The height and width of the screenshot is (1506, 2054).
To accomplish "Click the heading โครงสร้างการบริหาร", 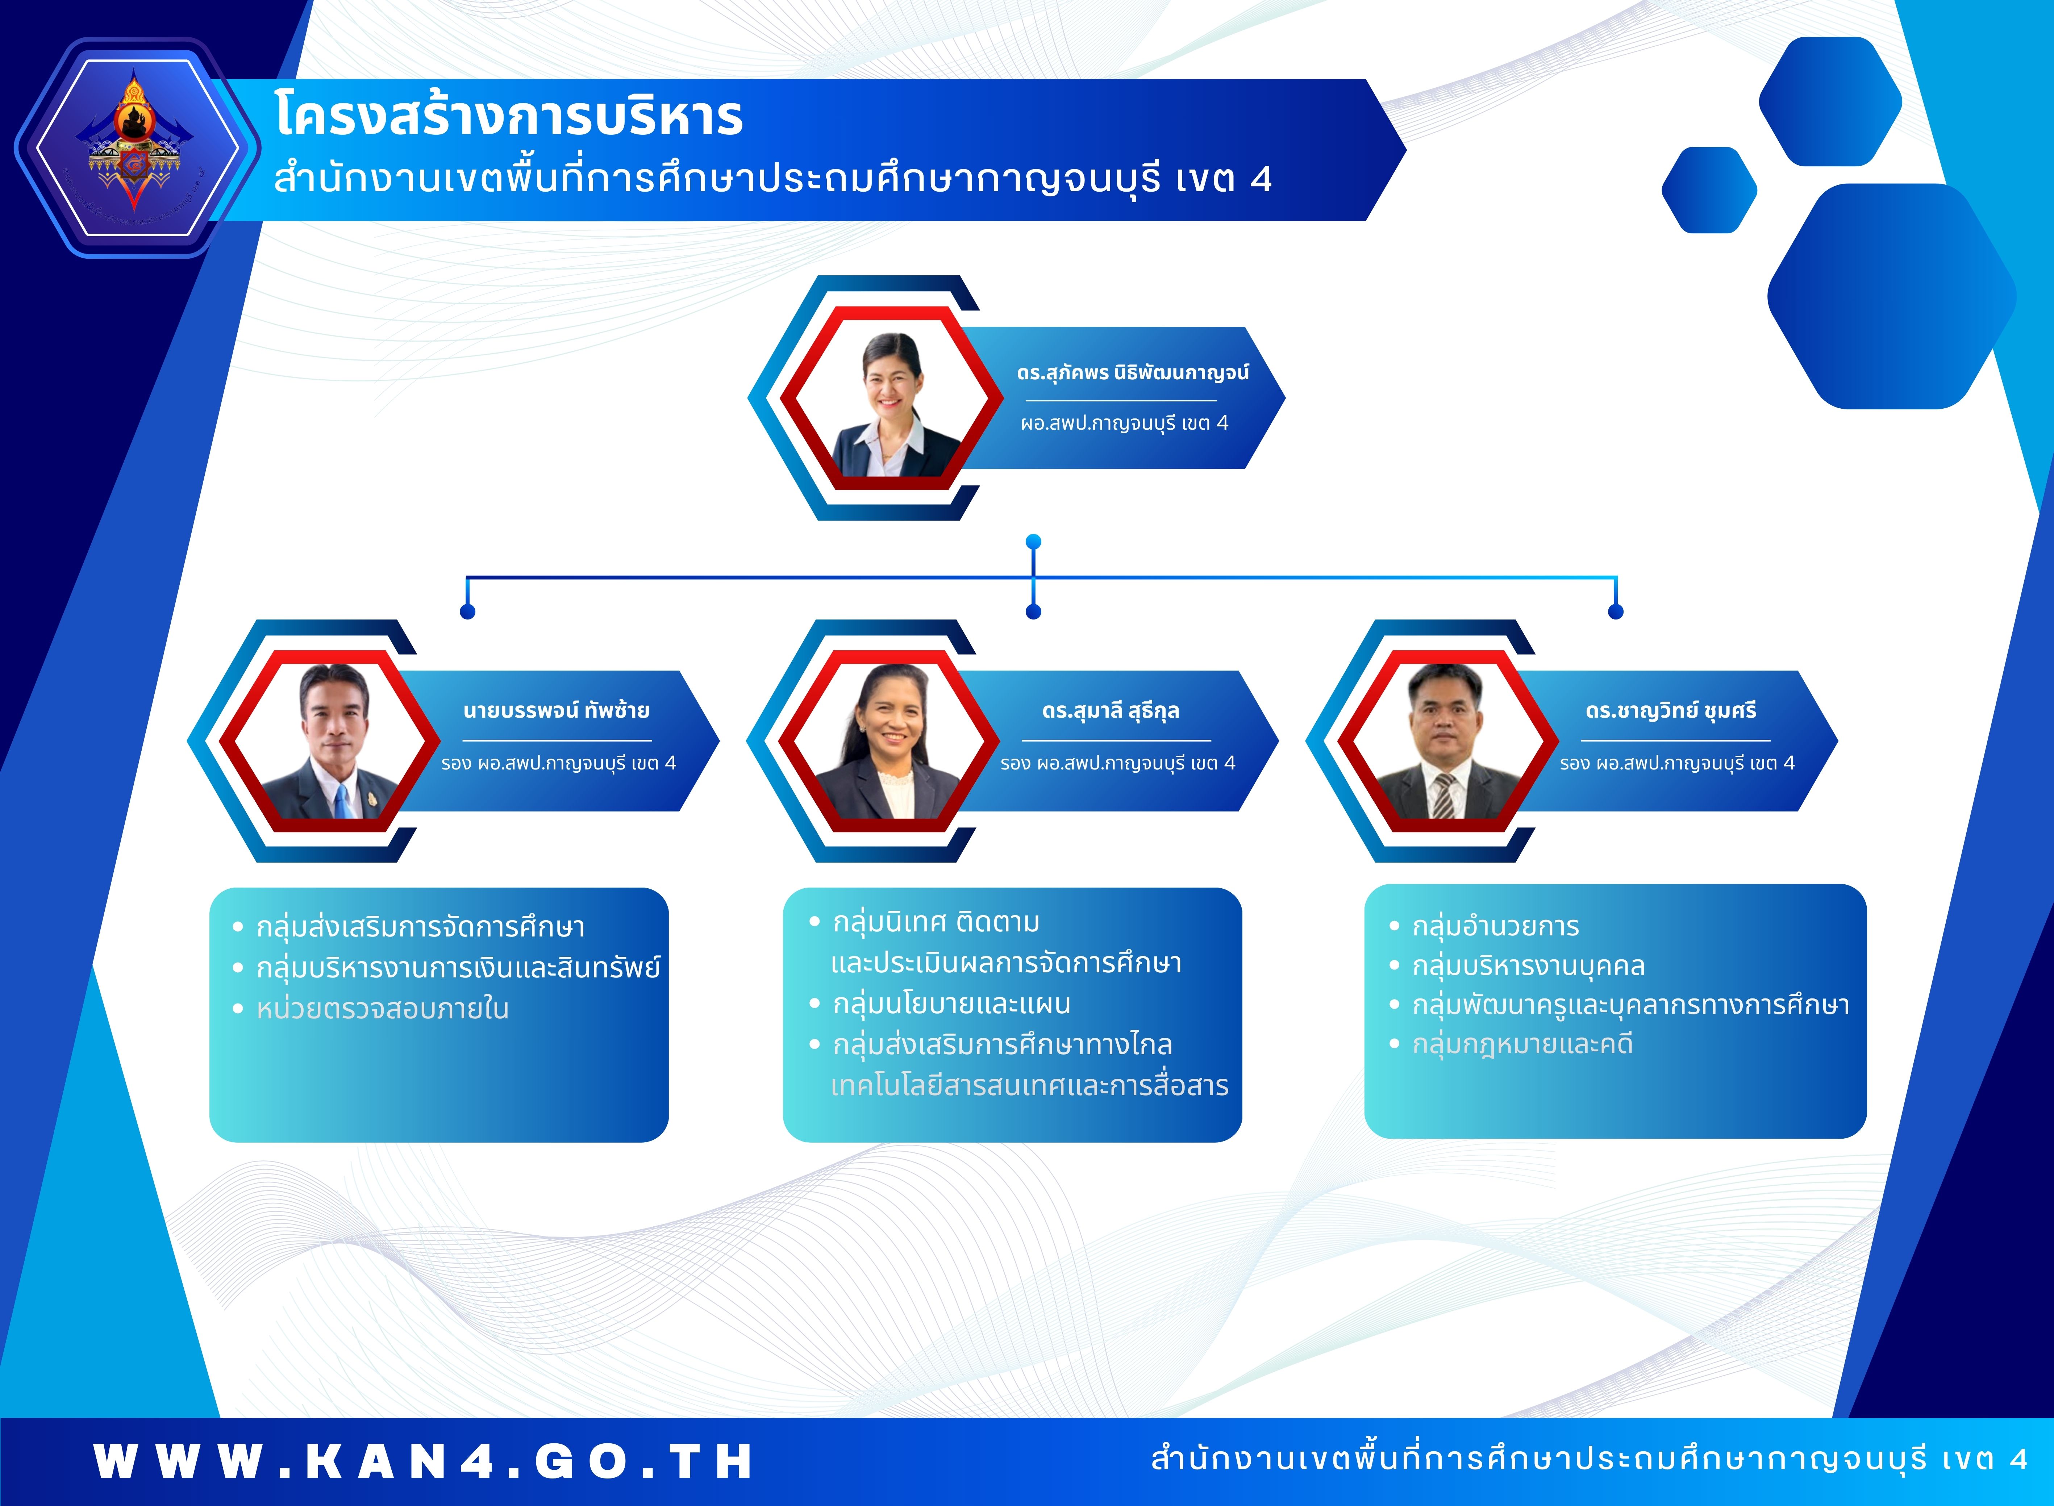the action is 509,117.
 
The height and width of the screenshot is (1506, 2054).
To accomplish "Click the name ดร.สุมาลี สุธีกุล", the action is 1111,711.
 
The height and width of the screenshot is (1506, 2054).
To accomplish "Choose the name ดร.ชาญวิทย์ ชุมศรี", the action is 1670,711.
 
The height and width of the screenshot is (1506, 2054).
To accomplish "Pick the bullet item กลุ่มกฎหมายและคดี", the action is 1522,1045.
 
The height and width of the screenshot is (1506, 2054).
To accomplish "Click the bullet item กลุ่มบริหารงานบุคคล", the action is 1528,966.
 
